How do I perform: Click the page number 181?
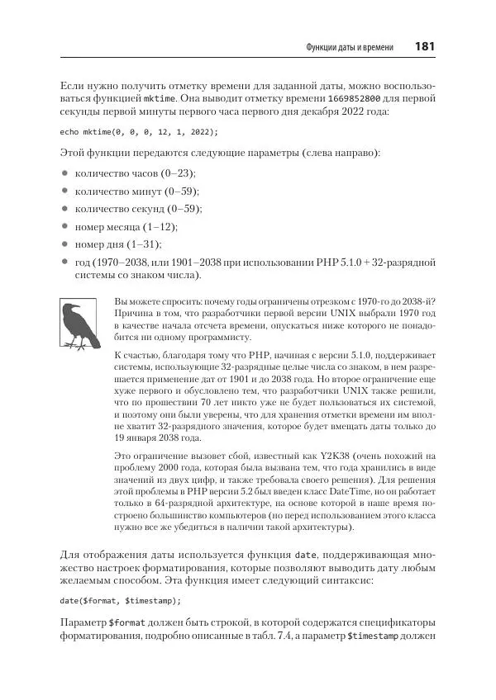click(x=425, y=46)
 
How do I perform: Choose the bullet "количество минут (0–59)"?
click(x=136, y=192)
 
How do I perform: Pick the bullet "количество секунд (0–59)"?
click(x=138, y=210)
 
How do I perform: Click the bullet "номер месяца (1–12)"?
click(x=126, y=227)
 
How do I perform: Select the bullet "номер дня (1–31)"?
click(x=117, y=245)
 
